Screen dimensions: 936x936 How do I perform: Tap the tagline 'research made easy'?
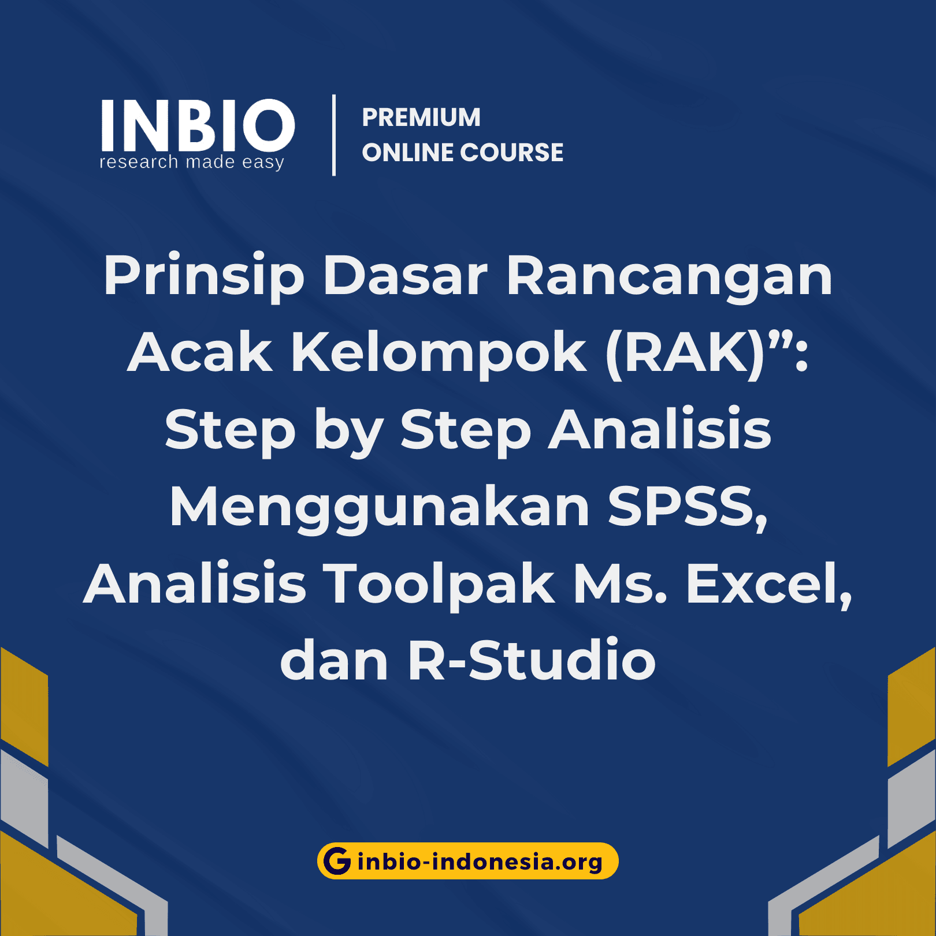click(192, 162)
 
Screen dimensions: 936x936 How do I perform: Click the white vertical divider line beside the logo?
click(334, 135)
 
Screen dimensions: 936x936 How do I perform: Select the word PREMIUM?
click(421, 117)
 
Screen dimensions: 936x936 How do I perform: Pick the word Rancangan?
click(669, 277)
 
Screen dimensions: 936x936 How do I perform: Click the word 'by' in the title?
click(348, 430)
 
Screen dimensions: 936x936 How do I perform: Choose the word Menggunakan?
click(380, 508)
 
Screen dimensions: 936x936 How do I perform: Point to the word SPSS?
click(688, 507)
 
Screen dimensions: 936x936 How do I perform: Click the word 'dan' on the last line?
click(334, 661)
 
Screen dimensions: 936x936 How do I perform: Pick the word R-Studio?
click(532, 661)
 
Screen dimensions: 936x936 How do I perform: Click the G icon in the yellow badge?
click(337, 861)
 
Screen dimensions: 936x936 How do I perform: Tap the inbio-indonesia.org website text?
click(480, 861)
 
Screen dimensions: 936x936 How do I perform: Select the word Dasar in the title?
click(405, 276)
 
